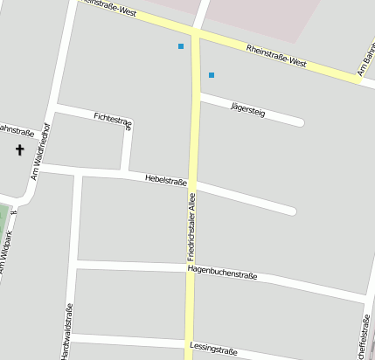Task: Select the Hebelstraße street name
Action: tap(166, 180)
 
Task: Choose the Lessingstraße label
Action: tap(213, 349)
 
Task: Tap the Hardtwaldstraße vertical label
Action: tap(68, 330)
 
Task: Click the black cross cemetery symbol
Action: tap(20, 149)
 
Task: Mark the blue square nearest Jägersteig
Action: tap(211, 75)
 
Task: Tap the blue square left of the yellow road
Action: tap(181, 46)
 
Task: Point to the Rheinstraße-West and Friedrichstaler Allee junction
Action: tap(195, 35)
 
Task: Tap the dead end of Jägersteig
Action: tap(300, 121)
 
